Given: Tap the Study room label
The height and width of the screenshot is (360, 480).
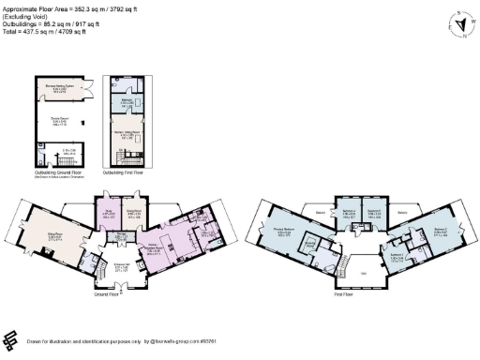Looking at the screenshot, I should (x=107, y=211).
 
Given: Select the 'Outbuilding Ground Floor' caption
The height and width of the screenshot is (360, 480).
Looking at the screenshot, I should (x=57, y=172).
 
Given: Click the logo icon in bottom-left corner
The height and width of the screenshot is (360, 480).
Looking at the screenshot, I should (x=12, y=339).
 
